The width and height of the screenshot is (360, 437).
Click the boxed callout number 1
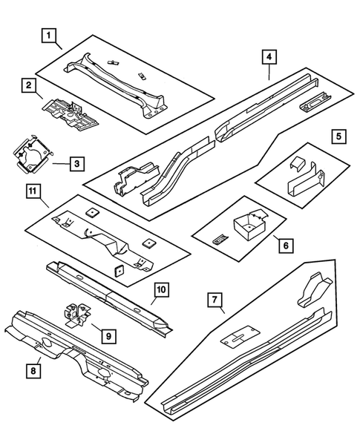click(48, 35)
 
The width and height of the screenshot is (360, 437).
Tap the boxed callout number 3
click(76, 163)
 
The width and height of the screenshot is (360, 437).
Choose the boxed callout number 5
click(338, 136)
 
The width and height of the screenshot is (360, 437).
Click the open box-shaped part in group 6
click(249, 223)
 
